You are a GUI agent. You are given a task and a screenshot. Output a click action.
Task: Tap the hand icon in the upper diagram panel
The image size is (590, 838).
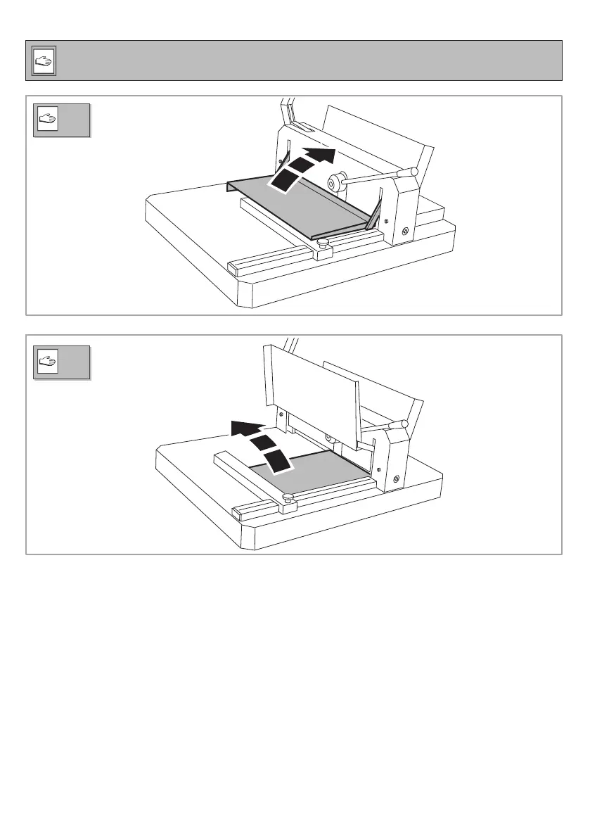coord(49,122)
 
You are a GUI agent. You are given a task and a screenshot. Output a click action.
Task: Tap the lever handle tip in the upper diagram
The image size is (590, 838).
coord(413,172)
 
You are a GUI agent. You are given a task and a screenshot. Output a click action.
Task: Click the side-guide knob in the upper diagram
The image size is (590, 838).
coord(323,243)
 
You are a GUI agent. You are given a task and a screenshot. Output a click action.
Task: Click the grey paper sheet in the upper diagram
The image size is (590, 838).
coord(302,204)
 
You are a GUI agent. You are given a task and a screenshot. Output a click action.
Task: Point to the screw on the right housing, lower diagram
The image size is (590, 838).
coord(397,479)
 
